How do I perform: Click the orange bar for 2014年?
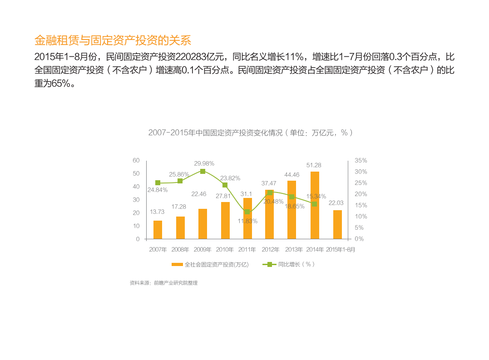click(315, 205)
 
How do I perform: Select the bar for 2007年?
click(158, 230)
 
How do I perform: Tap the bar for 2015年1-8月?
click(337, 224)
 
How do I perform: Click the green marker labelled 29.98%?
click(203, 171)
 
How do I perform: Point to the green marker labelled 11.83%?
click(247, 212)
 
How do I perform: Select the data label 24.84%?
click(158, 190)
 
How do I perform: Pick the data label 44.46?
click(292, 175)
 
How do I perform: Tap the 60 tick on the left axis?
click(136, 160)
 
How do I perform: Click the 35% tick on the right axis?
click(361, 161)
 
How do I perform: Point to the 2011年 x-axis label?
click(247, 250)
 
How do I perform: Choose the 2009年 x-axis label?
click(203, 250)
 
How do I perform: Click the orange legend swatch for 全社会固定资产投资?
click(177, 264)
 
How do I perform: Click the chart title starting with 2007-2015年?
click(251, 133)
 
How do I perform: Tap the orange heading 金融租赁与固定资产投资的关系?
click(113, 40)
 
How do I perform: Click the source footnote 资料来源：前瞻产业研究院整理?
click(163, 283)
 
